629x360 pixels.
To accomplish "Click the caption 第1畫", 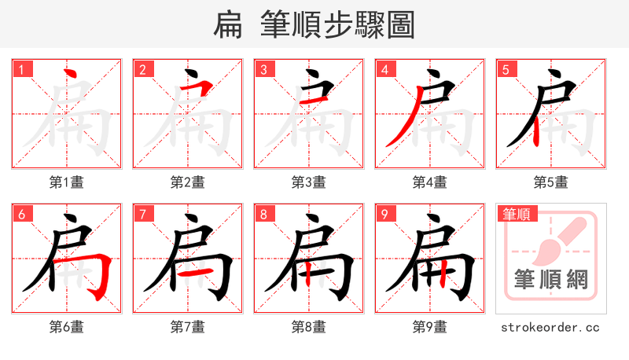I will click(67, 182).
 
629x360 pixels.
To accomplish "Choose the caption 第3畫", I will click(309, 182).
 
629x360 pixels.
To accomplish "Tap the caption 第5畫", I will click(551, 182).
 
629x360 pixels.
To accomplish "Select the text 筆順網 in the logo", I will click(551, 279).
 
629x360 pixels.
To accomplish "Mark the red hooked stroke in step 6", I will click(99, 275).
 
